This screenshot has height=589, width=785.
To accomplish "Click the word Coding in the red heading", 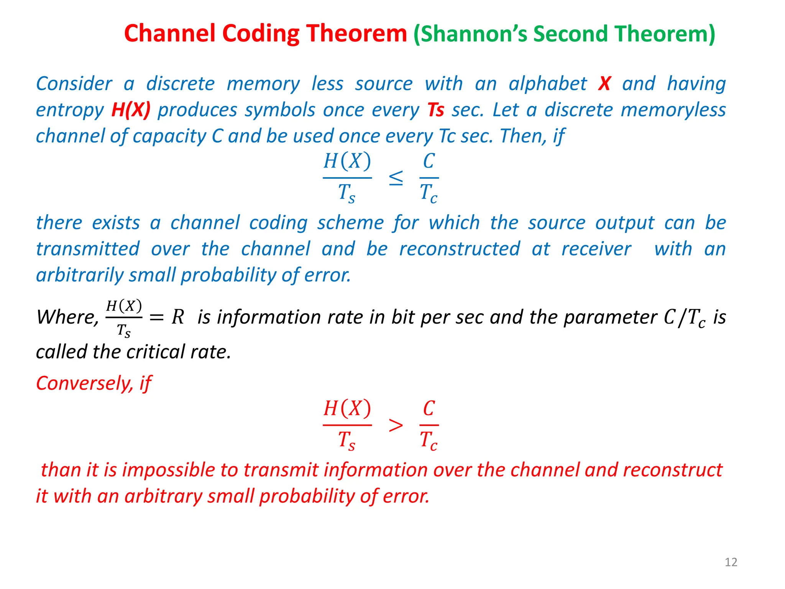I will point(260,34).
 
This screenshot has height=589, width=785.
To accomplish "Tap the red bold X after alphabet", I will point(604,84).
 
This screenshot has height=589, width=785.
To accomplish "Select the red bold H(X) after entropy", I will point(131,110).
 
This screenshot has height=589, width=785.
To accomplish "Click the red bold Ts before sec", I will point(436,110).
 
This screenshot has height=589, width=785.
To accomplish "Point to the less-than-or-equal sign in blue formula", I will point(396,178).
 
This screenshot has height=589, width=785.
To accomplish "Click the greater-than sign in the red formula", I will point(396,426).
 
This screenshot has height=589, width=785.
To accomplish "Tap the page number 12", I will point(731,562).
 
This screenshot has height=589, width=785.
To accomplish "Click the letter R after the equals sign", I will point(178,317).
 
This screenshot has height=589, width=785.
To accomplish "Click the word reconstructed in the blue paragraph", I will point(460,249).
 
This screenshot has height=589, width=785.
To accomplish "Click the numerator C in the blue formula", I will point(429,161).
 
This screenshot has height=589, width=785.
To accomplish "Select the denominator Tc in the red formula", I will point(429,440).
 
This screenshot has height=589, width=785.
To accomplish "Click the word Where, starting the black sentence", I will point(67,318).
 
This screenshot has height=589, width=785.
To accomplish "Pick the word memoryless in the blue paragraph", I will point(673,110).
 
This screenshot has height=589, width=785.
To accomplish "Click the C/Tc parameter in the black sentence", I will point(684,318).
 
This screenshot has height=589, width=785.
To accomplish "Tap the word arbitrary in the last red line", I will point(164,496).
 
